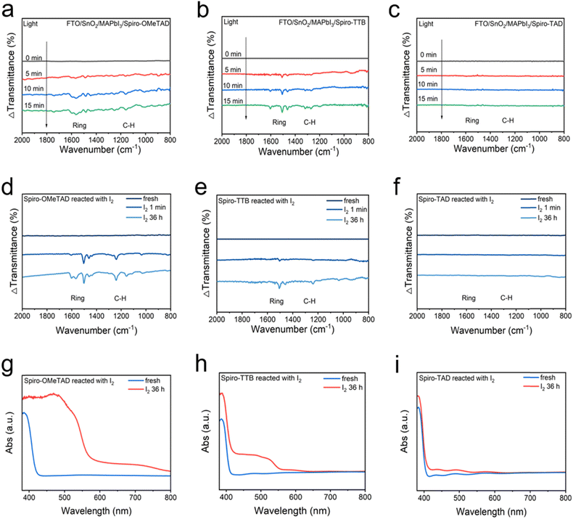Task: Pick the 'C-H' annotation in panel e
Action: (310, 301)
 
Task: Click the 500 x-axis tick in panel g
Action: (64, 498)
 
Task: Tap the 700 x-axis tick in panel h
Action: (330, 498)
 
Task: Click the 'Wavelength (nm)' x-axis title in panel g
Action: (96, 512)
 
